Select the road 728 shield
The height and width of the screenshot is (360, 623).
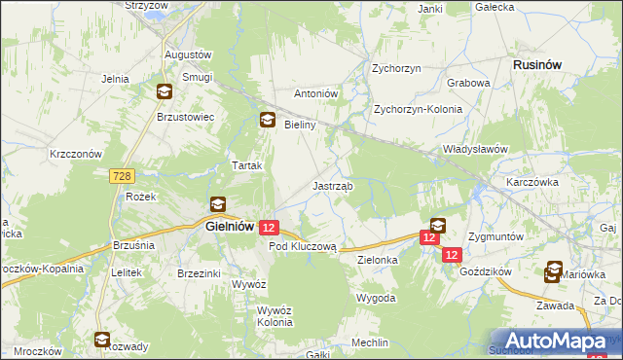pos(122,175)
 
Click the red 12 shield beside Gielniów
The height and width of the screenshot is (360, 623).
pos(270,227)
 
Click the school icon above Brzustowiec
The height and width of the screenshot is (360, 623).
pos(165,92)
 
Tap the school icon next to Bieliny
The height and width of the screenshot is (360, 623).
pos(266,122)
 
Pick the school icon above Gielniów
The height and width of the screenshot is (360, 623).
pos(217,204)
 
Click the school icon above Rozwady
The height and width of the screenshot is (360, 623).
pos(102,340)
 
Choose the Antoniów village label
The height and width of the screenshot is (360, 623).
pos(315,94)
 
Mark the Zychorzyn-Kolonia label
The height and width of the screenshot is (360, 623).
pos(418,109)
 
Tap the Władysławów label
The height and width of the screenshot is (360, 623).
pos(476,149)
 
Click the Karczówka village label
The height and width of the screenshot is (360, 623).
pos(531,182)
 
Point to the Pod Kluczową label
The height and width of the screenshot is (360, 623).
pos(302,247)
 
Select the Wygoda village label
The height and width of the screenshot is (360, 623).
pos(376,297)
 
